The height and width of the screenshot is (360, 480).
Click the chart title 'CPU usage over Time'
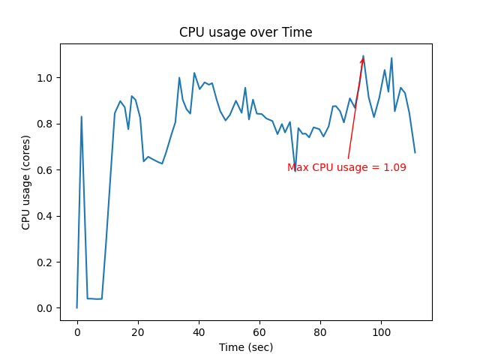tap(245, 33)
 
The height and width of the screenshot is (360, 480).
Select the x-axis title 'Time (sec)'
tap(245, 347)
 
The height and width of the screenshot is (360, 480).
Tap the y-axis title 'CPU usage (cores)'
tap(26, 182)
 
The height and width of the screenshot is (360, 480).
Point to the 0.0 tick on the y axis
tap(46, 308)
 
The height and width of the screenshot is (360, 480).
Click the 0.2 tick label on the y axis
tap(46, 262)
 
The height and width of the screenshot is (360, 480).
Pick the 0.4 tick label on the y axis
tap(46, 216)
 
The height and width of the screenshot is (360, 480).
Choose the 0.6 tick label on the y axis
tap(46, 170)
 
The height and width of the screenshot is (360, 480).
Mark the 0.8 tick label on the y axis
tap(46, 124)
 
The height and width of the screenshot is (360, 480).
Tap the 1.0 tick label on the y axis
tap(46, 78)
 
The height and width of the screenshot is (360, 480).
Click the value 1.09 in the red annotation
tap(394, 168)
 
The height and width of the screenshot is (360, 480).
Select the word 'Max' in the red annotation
tap(298, 168)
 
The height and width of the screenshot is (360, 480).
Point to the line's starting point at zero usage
tap(77, 307)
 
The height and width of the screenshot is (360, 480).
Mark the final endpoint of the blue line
tap(415, 153)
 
